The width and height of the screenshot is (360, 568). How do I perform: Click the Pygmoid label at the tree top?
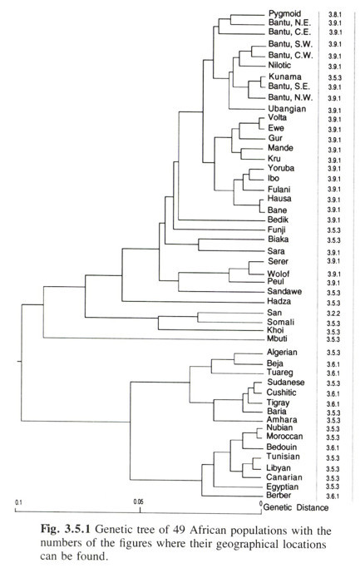(284, 14)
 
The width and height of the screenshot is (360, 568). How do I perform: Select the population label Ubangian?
(287, 109)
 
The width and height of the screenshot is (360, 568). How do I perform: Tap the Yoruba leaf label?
(281, 168)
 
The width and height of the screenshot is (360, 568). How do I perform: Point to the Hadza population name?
(279, 301)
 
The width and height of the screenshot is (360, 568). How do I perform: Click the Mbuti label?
(277, 338)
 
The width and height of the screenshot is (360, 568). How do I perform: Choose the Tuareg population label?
(279, 373)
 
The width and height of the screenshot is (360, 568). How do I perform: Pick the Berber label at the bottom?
(279, 495)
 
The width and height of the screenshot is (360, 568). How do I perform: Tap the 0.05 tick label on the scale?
(138, 501)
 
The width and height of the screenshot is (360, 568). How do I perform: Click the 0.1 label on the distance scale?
(18, 502)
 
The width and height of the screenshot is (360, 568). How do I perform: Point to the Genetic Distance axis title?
(296, 507)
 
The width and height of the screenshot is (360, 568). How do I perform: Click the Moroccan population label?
(284, 436)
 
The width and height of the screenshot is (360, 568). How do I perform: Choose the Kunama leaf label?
(284, 77)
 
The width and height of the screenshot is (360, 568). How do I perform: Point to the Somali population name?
(281, 322)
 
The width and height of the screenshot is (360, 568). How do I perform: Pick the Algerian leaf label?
(282, 352)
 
